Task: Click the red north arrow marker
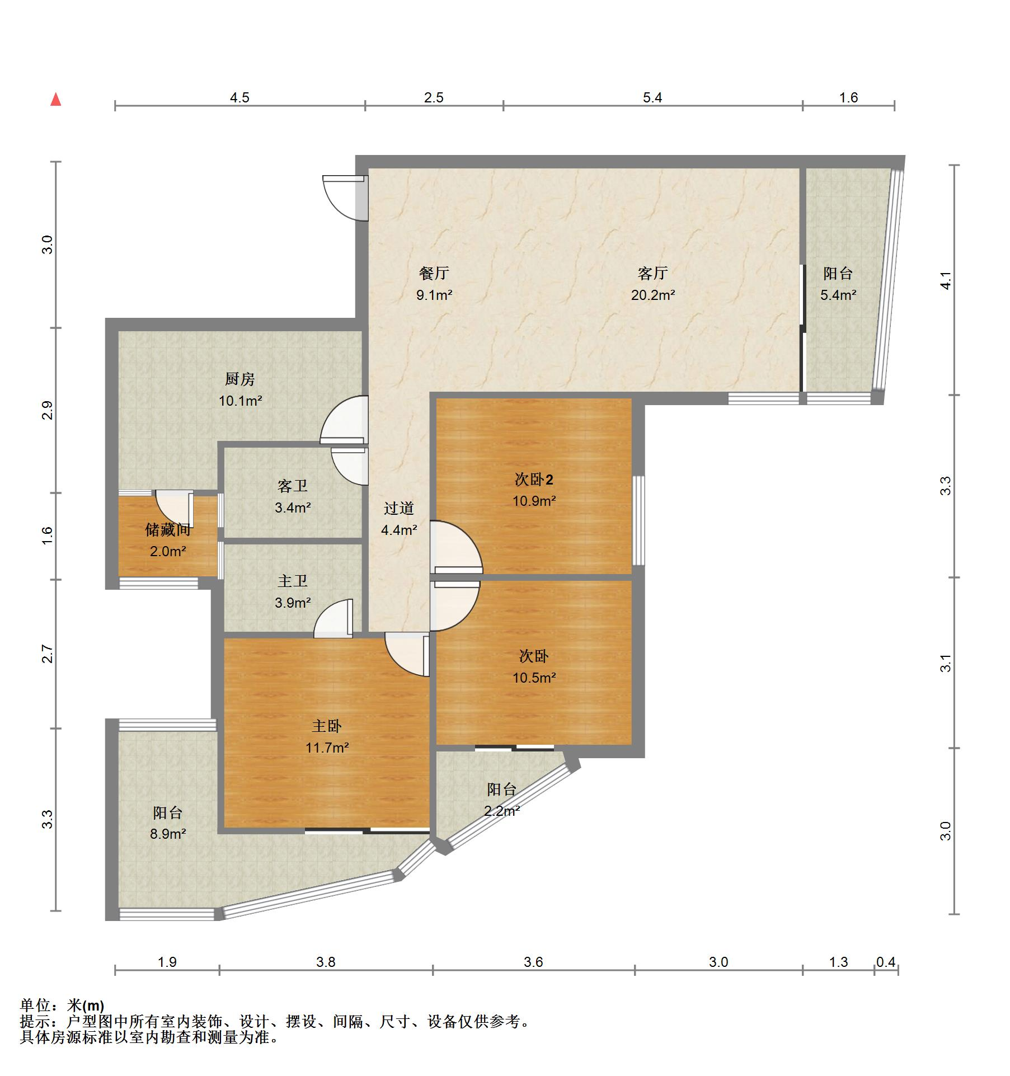55,100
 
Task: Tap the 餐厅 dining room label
434,273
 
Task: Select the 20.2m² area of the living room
652,295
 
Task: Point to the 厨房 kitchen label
240,379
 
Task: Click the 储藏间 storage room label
168,529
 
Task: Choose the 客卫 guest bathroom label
292,486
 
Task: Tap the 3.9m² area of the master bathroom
293,603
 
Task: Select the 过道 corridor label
398,508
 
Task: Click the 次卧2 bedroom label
534,480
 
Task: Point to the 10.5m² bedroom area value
534,678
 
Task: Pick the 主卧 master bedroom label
327,726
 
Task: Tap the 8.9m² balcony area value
168,834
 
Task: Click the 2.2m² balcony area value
502,810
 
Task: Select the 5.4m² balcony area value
838,295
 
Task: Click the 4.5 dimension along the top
239,98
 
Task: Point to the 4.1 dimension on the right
945,280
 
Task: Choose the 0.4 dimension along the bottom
886,962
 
